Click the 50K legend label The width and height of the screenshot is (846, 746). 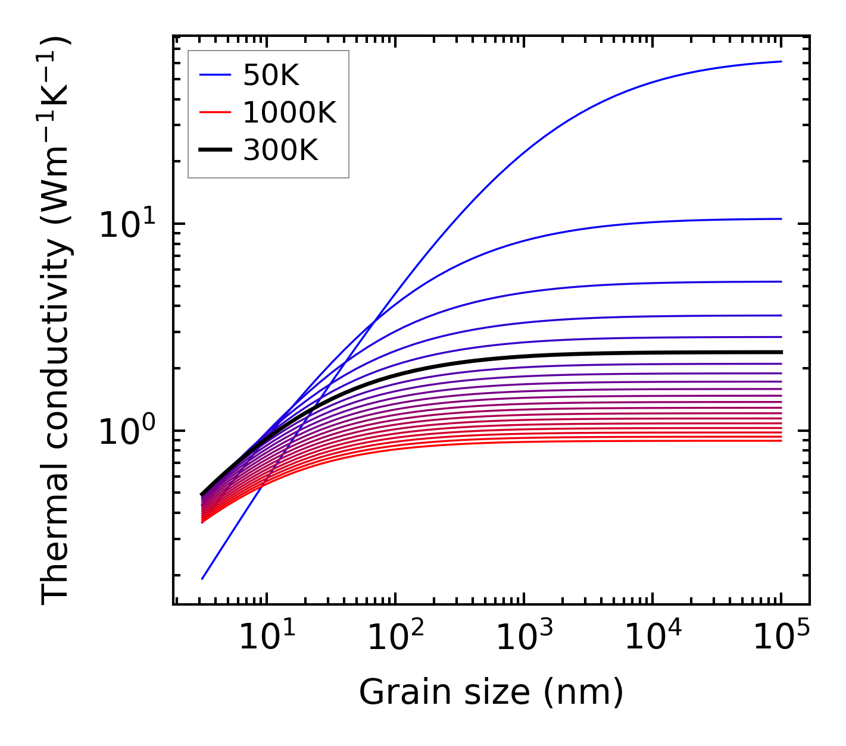[271, 76]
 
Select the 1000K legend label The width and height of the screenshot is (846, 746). [289, 112]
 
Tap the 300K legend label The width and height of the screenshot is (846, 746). [280, 151]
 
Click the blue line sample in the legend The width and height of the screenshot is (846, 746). [215, 75]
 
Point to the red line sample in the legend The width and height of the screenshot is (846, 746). [215, 112]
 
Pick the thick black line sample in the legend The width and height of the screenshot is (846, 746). [215, 151]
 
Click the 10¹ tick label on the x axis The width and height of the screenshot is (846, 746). [266, 638]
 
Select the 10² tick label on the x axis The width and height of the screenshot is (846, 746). [395, 638]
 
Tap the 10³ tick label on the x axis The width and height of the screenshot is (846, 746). [524, 638]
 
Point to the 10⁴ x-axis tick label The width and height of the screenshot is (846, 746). [653, 638]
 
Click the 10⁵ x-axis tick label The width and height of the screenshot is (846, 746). [781, 638]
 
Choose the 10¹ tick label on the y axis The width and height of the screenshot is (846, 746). [126, 226]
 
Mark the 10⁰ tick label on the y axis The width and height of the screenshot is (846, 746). [126, 432]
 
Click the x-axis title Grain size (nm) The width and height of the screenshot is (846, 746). [491, 692]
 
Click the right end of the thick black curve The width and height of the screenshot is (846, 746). [781, 352]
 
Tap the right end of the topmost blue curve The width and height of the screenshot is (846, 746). [781, 61]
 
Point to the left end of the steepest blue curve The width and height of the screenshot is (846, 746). [202, 578]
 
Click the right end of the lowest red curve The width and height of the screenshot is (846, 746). [781, 440]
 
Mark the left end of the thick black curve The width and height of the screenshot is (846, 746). [202, 494]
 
